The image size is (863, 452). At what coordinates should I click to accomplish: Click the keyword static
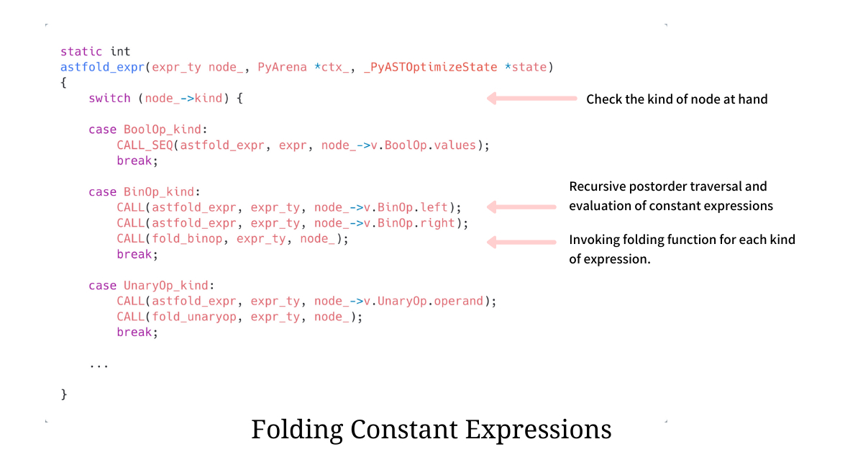(81, 51)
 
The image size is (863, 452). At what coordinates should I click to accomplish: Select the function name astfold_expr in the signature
(102, 67)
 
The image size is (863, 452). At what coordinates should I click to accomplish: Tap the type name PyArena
(282, 67)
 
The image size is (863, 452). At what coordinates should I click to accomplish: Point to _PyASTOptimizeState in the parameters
(430, 67)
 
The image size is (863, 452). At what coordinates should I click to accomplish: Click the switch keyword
(109, 99)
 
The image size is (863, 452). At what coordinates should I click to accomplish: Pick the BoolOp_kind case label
(163, 130)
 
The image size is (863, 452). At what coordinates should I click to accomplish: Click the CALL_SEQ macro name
(145, 145)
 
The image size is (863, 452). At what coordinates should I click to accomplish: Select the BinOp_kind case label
(159, 192)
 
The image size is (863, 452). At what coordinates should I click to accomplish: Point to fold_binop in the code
(187, 239)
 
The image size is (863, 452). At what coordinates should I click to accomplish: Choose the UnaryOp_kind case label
(165, 286)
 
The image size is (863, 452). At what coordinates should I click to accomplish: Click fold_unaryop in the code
(193, 317)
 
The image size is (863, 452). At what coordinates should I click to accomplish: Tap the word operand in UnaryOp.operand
(459, 301)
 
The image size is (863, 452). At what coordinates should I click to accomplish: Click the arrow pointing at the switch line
(532, 99)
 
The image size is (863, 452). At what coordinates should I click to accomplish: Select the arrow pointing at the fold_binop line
(521, 243)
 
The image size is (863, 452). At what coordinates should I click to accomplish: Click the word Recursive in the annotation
(597, 186)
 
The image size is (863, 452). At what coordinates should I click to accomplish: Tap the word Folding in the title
(296, 430)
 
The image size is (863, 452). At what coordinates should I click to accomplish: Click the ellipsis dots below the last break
(99, 366)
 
